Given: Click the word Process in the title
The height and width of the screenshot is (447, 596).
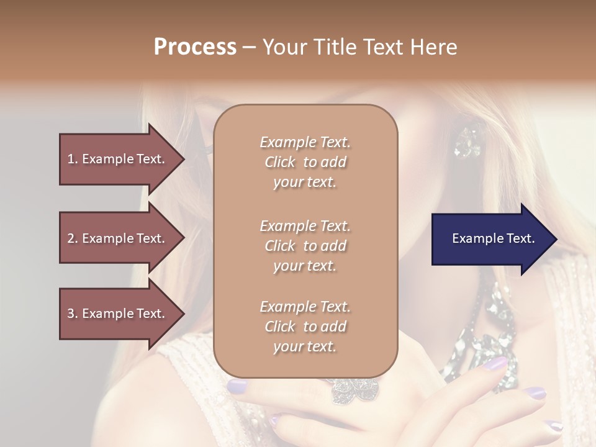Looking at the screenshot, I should (195, 47).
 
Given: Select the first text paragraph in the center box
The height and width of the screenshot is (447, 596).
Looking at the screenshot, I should (305, 162).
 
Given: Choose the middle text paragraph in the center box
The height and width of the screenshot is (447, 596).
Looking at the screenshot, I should (305, 246).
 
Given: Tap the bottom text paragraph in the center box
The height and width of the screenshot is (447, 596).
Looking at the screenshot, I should (305, 327).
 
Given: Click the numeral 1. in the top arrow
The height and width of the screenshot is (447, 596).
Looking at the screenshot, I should (73, 159).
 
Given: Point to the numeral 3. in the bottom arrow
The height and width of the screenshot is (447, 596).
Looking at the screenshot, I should (73, 314).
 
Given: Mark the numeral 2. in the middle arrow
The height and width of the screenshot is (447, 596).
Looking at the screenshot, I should (73, 238).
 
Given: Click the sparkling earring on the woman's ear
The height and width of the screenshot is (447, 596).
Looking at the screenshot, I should (467, 142).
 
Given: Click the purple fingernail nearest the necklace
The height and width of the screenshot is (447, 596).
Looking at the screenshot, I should (496, 364).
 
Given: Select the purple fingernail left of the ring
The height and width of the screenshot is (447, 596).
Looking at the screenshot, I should (237, 387).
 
